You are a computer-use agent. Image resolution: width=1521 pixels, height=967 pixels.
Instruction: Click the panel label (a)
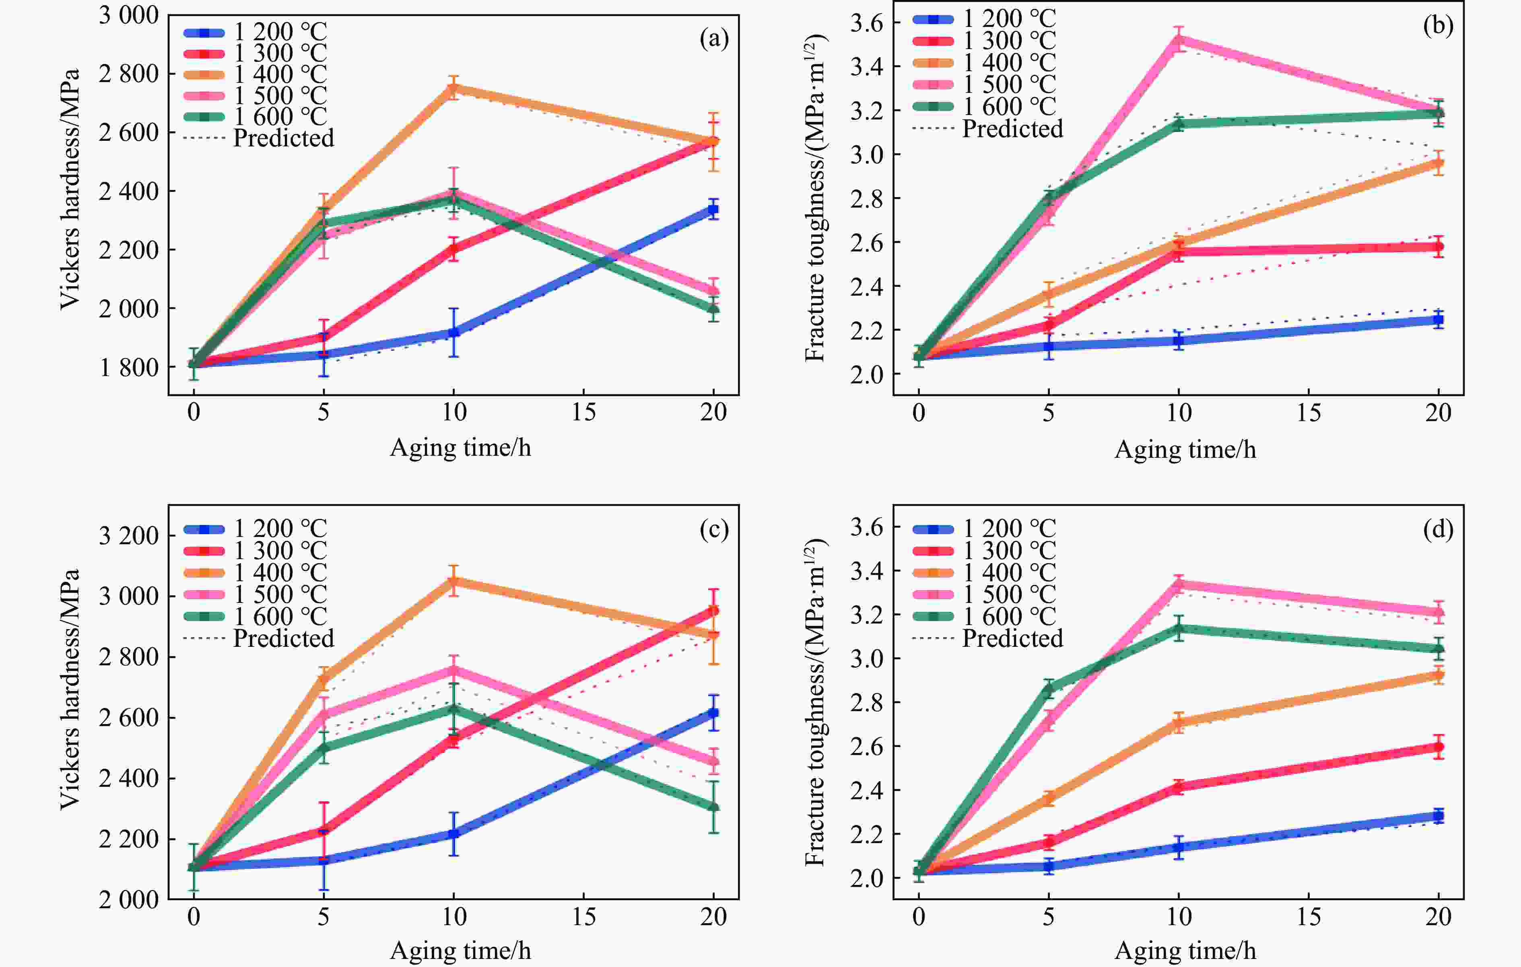coord(714,39)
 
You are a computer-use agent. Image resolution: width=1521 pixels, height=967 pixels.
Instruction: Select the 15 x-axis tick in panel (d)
coord(1308,916)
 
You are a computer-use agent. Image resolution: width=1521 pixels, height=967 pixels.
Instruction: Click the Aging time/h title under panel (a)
coord(460,448)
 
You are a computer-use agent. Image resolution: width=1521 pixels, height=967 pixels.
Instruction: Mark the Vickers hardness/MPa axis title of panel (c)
coord(70,689)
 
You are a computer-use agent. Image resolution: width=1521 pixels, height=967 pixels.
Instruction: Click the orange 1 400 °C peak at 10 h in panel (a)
coord(453,89)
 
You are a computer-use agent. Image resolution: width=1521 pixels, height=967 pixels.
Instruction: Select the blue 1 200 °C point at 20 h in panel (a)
coord(713,209)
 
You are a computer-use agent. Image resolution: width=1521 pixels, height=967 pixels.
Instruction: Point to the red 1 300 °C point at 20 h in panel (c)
coord(713,611)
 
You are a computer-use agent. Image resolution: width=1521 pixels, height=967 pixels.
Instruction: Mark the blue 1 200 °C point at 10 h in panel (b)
coord(1178,341)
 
